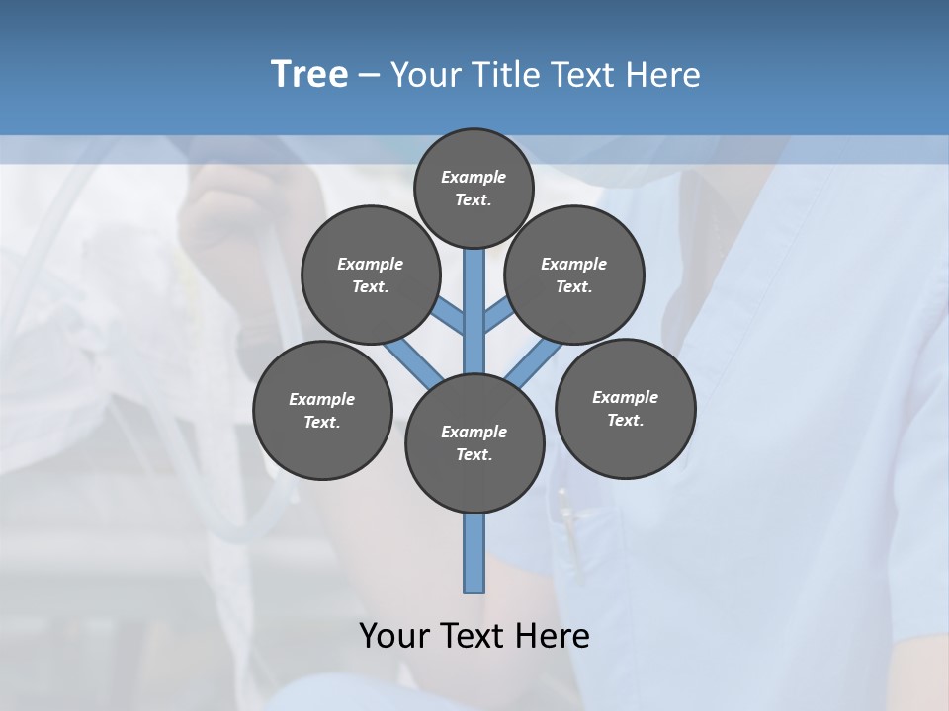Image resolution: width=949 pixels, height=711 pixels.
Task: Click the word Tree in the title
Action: [309, 74]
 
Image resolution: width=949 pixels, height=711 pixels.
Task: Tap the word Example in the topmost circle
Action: [474, 177]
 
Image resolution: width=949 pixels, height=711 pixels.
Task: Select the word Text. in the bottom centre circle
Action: [474, 455]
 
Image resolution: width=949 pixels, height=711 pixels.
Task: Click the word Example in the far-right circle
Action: [625, 397]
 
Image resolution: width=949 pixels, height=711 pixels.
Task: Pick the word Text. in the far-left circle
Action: [321, 423]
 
